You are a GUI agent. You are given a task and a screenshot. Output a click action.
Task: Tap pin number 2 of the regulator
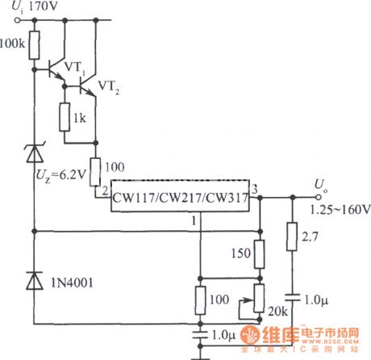click(103, 190)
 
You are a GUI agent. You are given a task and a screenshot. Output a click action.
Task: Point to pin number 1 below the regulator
click(194, 219)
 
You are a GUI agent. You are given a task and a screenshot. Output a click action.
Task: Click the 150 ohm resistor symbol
click(260, 254)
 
